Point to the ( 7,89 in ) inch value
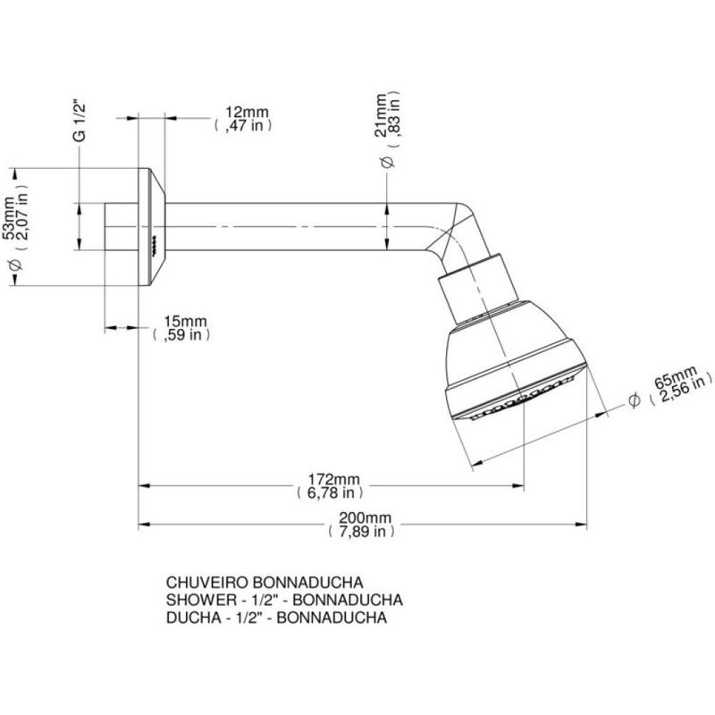pos(362,531)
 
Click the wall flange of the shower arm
pos(149,223)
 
